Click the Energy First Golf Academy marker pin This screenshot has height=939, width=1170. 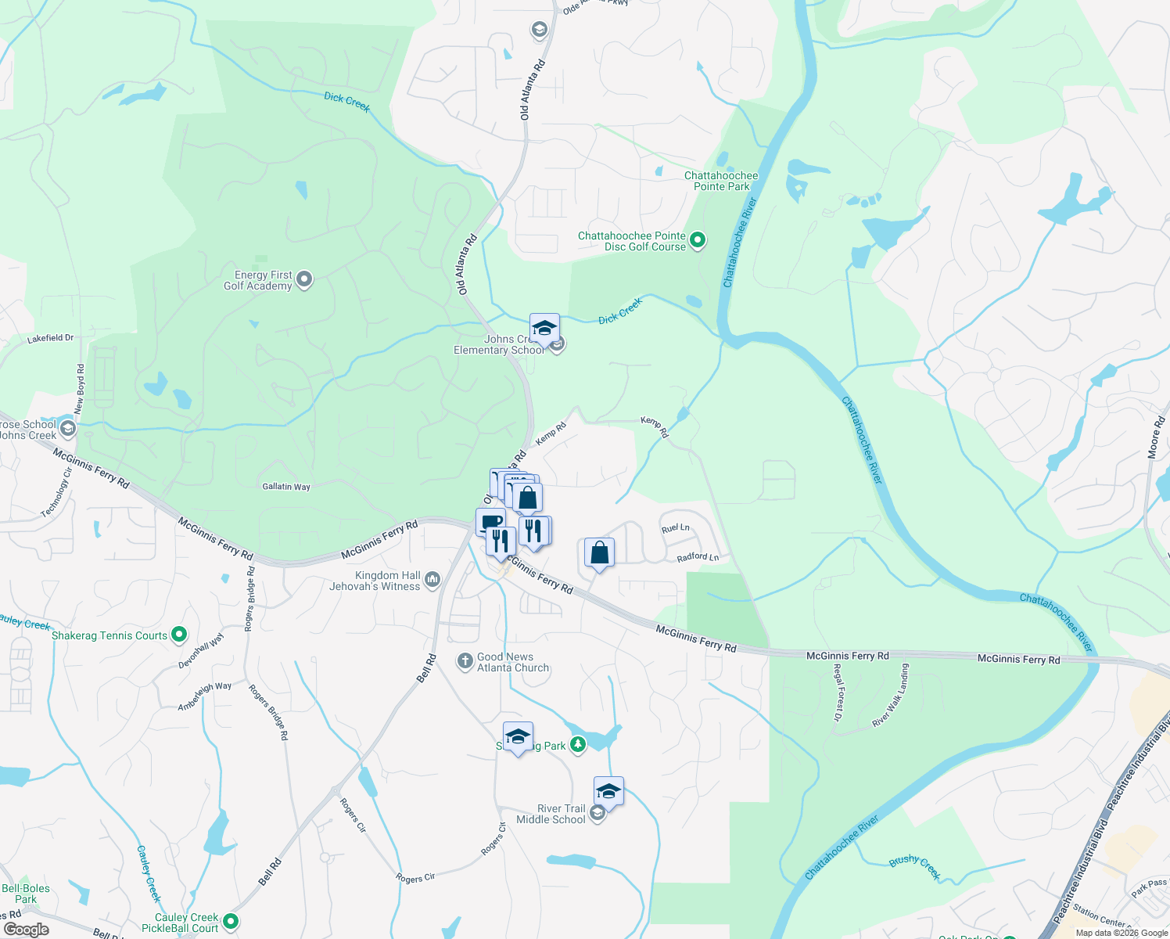[x=304, y=279]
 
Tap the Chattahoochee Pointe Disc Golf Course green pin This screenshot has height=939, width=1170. [x=698, y=240]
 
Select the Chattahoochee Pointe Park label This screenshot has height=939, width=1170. [x=721, y=181]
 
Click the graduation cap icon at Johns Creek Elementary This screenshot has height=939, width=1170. [x=544, y=328]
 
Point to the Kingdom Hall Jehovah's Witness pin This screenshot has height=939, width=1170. [x=432, y=580]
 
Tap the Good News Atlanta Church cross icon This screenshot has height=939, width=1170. [x=465, y=662]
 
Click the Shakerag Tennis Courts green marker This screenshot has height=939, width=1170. [x=179, y=635]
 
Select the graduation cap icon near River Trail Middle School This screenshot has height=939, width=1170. [x=608, y=791]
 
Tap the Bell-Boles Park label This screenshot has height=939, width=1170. [x=26, y=894]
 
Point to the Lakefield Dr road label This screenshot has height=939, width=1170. [x=50, y=338]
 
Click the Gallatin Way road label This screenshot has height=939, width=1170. [x=286, y=487]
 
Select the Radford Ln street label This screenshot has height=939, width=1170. [x=698, y=557]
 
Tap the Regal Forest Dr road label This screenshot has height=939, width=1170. [x=838, y=693]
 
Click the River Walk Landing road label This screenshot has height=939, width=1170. [x=891, y=696]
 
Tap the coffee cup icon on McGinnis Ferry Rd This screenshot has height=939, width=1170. [x=490, y=522]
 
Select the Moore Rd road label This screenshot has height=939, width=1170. [x=1156, y=437]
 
